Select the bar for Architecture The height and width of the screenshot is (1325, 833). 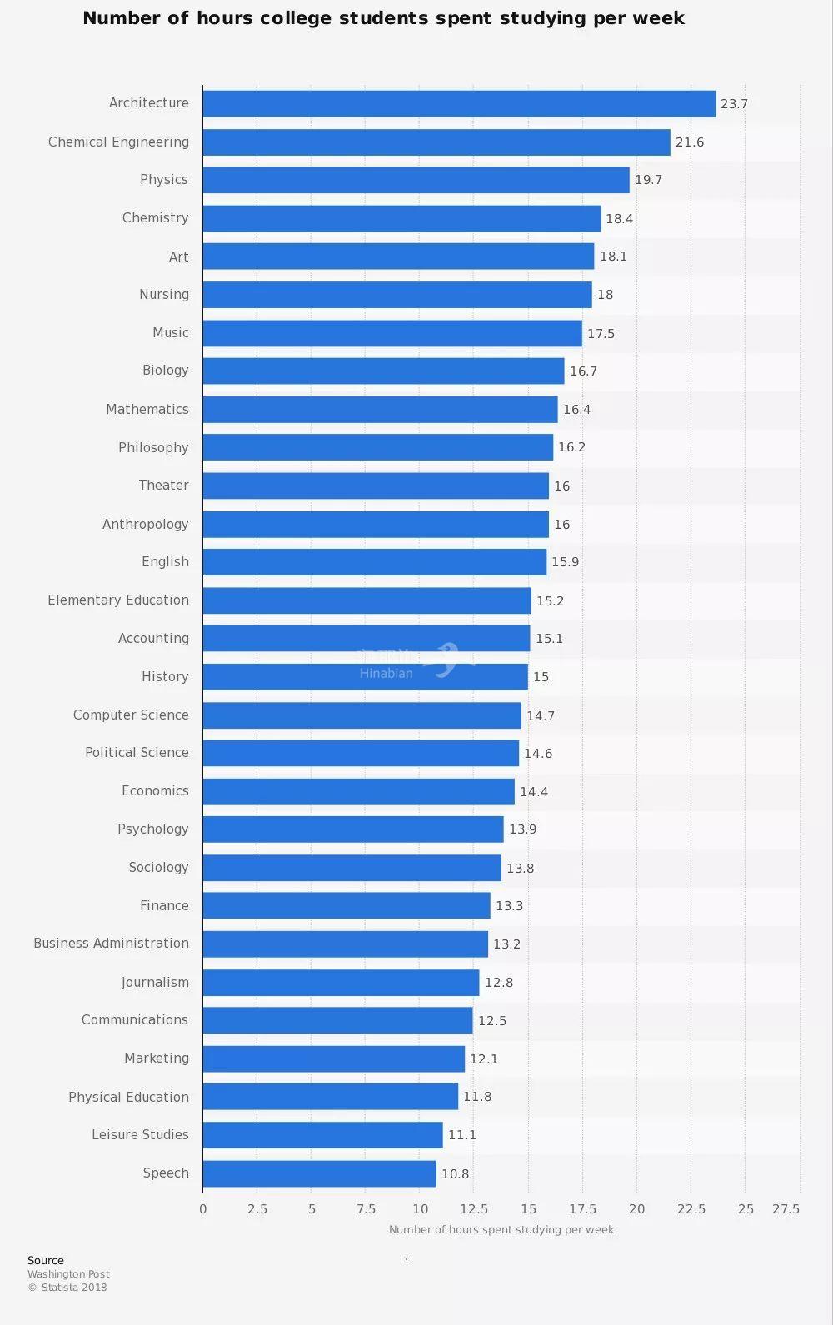(458, 104)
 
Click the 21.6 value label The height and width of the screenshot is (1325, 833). (690, 142)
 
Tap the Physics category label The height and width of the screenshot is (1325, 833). (164, 180)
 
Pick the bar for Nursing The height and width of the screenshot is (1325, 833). (397, 295)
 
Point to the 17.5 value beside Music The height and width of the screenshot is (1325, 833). (601, 334)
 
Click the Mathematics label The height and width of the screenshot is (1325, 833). (147, 410)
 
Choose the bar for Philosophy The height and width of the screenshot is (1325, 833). (377, 447)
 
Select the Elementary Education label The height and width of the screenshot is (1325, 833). (118, 600)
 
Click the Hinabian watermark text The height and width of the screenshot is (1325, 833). (386, 674)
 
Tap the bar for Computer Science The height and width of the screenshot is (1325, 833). (362, 715)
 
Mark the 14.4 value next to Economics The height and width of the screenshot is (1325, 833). (534, 792)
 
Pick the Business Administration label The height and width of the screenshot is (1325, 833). (111, 944)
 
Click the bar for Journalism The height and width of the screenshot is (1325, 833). (341, 983)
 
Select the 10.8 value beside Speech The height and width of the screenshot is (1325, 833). (455, 1174)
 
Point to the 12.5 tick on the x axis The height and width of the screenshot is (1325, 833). (474, 1209)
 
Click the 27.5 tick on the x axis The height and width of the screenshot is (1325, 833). (786, 1209)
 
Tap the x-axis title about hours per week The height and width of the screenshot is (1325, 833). (501, 1230)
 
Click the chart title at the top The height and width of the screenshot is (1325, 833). (383, 18)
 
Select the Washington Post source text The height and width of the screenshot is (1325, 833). (68, 1274)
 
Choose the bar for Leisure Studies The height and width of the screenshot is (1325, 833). (322, 1135)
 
